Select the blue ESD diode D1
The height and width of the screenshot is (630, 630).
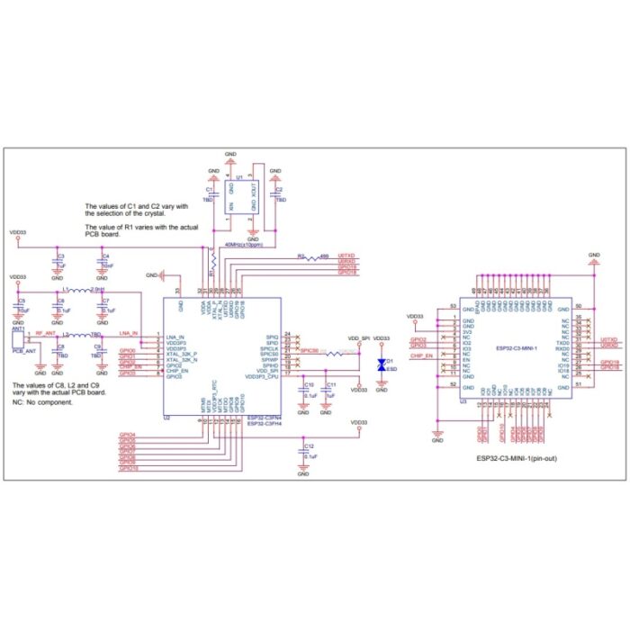click(382, 365)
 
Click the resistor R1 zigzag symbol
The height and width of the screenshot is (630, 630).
click(212, 260)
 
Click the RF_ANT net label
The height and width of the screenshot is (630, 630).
click(46, 332)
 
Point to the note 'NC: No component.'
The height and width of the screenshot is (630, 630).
click(43, 402)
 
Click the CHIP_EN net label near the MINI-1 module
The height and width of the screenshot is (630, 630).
click(421, 356)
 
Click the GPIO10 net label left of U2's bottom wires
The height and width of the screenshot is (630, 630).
click(129, 469)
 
